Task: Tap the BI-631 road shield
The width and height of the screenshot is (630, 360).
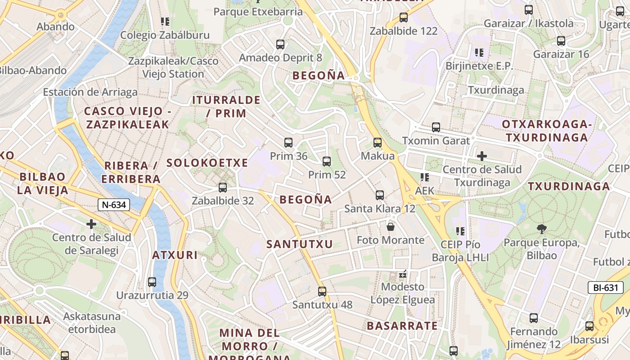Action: (x=605, y=288)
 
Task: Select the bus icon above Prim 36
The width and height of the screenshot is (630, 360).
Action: (x=288, y=143)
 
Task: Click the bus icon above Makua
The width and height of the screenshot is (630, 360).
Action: (x=378, y=143)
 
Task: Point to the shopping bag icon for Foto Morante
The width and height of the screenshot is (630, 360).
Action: (x=391, y=226)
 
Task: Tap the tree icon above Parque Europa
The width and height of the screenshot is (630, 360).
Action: (x=541, y=229)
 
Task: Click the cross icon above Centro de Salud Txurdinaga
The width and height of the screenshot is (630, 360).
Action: (x=482, y=156)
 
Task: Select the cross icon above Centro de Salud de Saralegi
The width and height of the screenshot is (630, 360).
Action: (x=91, y=224)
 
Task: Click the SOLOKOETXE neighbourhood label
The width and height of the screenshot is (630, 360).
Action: (x=207, y=163)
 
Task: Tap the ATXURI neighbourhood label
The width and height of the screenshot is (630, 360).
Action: (x=175, y=255)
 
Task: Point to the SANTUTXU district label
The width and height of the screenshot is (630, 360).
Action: (x=299, y=244)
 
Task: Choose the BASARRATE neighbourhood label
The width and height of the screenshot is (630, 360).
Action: (x=402, y=326)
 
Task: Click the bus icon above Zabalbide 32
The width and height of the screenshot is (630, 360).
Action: (x=222, y=188)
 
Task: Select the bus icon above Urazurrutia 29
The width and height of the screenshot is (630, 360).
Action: (x=152, y=282)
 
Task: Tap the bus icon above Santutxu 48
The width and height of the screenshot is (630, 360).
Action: (x=322, y=291)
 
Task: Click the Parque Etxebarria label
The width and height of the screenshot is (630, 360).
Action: (x=258, y=11)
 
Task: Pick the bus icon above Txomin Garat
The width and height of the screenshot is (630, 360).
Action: (x=436, y=127)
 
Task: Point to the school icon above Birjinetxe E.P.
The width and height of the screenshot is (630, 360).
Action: (x=479, y=53)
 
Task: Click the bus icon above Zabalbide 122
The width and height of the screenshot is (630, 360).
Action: (x=404, y=18)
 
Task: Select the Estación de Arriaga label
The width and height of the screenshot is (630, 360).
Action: (x=90, y=92)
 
